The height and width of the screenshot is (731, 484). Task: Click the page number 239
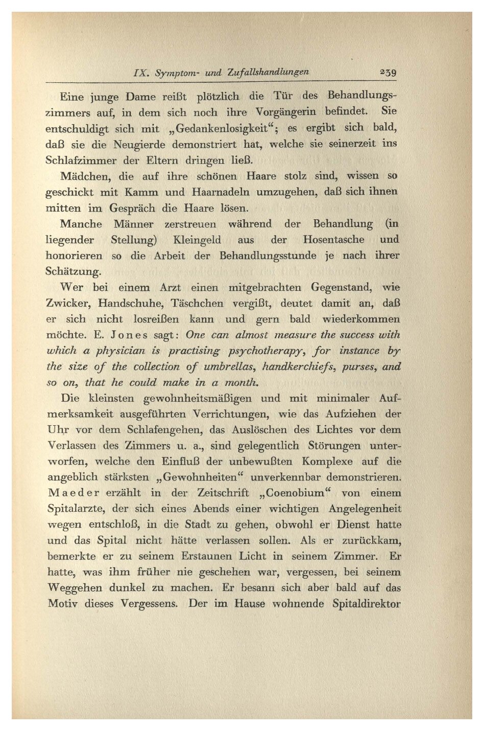click(x=388, y=72)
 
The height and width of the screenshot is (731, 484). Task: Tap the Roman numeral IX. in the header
click(x=140, y=73)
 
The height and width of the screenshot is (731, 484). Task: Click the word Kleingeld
click(x=197, y=240)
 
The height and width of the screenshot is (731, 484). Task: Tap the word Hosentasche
click(x=333, y=240)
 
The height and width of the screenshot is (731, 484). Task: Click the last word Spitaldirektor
click(x=366, y=604)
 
